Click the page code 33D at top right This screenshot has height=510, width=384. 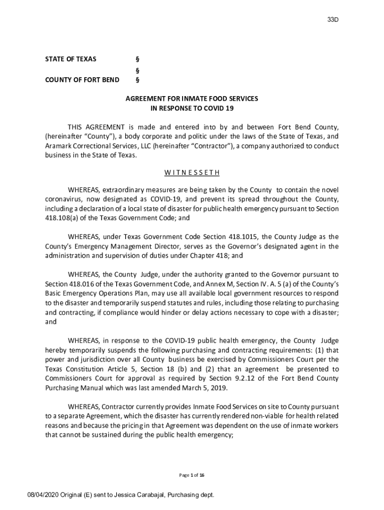click(x=333, y=20)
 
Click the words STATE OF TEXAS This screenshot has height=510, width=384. click(x=71, y=59)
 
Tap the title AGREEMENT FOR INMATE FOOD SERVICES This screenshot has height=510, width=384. click(x=192, y=99)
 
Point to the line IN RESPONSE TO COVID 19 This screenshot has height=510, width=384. click(x=192, y=108)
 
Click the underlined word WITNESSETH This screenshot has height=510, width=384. click(x=192, y=173)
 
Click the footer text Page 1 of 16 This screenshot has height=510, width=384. click(x=192, y=475)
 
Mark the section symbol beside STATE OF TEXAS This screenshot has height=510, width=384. click(x=138, y=59)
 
